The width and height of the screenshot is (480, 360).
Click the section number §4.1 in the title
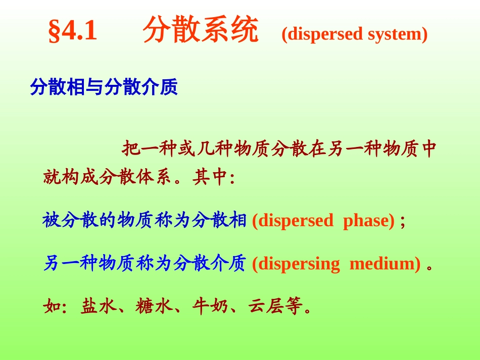pos(72,31)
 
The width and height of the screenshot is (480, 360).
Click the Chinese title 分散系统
pos(201,30)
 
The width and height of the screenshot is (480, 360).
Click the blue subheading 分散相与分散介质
pos(104,87)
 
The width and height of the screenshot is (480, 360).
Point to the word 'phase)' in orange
pos(369,221)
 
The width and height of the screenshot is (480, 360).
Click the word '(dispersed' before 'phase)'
pos(293,221)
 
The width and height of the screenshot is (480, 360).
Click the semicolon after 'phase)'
pos(403,221)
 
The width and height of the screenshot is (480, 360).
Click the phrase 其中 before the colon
pos(211,178)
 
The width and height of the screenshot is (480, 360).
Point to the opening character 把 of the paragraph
pos(131,149)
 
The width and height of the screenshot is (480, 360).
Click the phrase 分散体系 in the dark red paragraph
pos(135,178)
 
